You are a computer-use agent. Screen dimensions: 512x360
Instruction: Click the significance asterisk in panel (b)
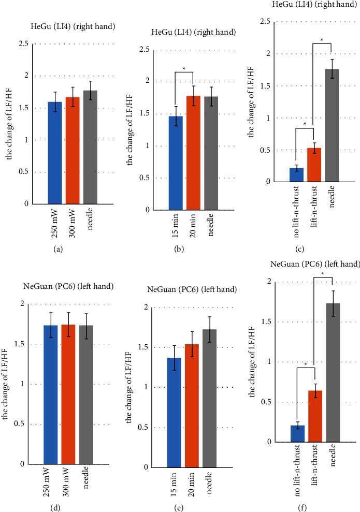tap(184, 69)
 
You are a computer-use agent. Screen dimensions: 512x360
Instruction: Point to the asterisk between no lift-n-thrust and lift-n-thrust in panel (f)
tap(306, 364)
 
